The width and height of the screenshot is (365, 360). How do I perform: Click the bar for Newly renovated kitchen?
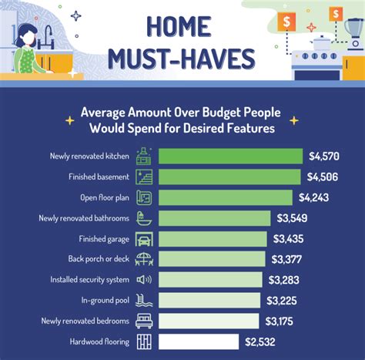(x=231, y=156)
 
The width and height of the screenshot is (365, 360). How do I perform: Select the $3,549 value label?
(x=294, y=217)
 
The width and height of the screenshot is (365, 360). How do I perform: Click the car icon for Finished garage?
(x=144, y=238)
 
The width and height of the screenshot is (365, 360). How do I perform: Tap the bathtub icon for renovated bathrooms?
(x=144, y=217)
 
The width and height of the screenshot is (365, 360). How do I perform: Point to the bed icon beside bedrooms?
(x=144, y=320)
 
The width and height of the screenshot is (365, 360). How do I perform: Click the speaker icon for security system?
(x=144, y=279)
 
